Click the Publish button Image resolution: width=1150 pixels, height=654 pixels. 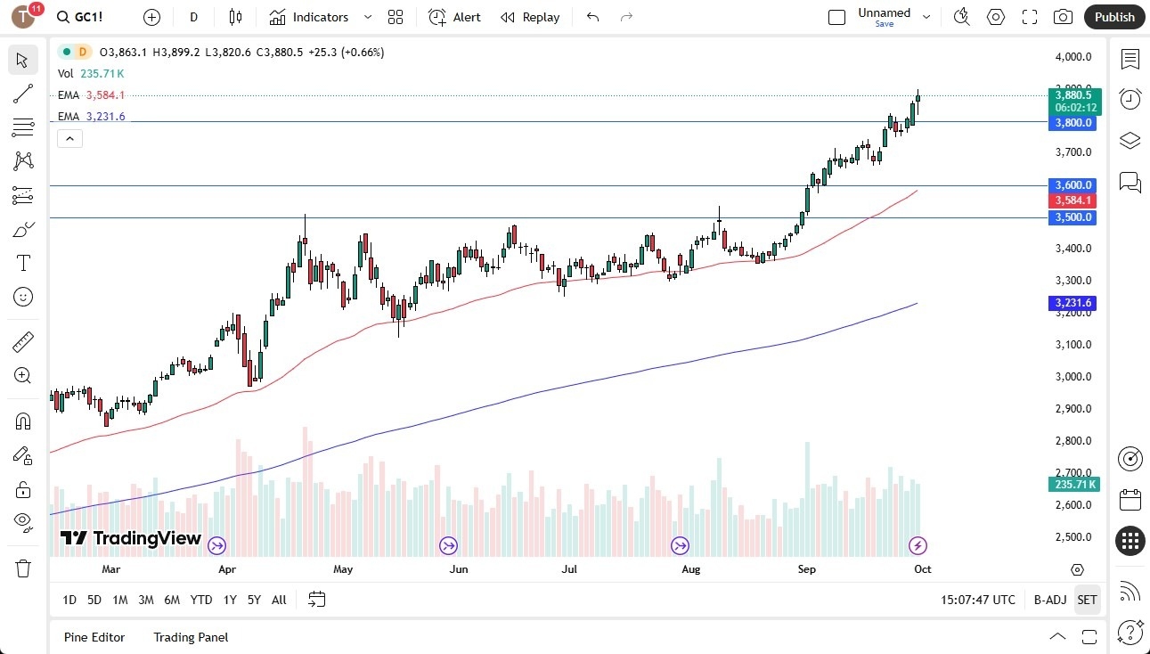coord(1114,17)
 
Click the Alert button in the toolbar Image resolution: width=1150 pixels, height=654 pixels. coord(454,17)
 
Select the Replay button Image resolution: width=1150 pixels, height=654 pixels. coord(530,17)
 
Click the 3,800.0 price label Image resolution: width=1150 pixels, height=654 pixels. coord(1073,123)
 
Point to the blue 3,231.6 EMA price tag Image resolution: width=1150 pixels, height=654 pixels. coord(1073,303)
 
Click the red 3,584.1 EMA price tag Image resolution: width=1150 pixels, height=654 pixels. coord(1073,200)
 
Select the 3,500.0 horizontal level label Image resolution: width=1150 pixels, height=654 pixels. coord(1073,217)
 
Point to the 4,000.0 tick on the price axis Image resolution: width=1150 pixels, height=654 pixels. coord(1073,57)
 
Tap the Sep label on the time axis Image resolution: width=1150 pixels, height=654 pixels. coord(806,568)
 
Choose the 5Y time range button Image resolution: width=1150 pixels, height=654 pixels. coord(254,600)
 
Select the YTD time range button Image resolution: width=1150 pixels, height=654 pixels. coord(201,600)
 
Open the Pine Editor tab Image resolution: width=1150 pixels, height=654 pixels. coord(94,637)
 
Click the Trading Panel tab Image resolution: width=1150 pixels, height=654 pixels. coord(191,637)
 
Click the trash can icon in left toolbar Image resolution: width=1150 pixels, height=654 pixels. coord(23,568)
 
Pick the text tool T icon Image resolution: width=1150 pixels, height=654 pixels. coord(23,263)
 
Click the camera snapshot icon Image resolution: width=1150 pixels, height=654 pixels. coord(1063,17)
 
